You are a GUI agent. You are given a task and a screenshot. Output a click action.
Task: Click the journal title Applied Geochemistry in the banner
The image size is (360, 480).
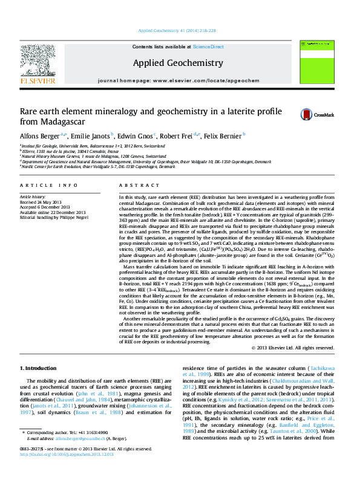point(177,63)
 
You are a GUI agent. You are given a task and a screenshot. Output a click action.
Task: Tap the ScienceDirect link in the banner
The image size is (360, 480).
point(208,47)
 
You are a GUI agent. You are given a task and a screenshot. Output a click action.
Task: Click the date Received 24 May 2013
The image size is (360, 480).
point(44,201)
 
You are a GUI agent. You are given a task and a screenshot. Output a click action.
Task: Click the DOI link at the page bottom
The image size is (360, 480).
point(61,471)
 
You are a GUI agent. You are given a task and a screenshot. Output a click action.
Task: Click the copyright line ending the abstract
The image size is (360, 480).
point(293,348)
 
